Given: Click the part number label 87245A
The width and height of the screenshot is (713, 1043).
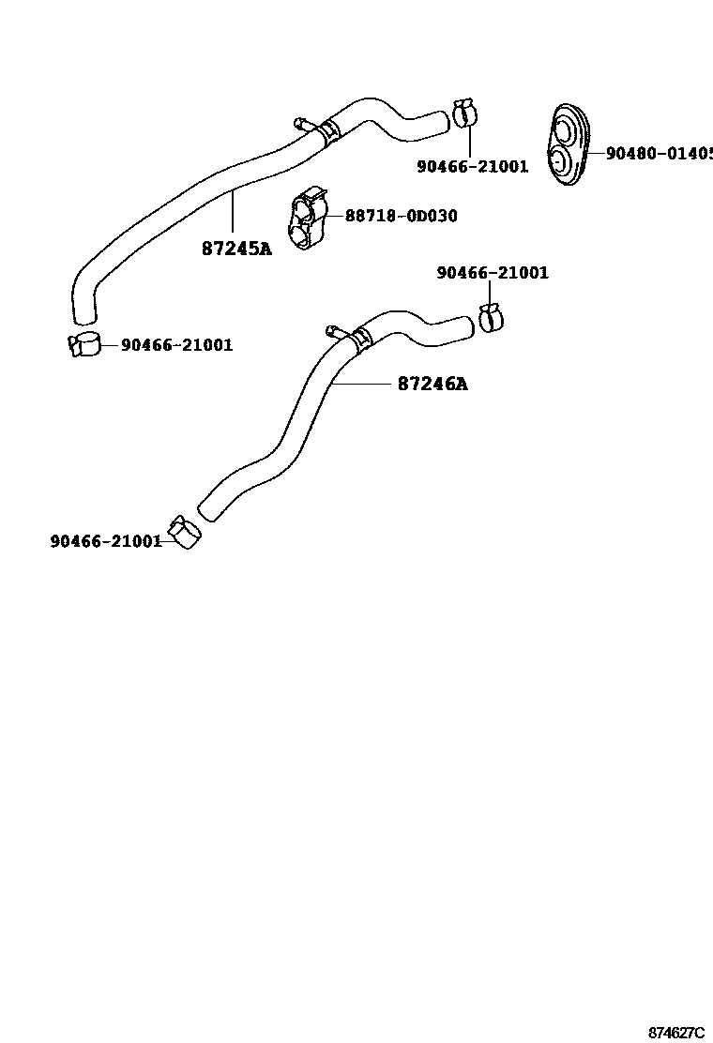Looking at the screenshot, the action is tap(236, 249).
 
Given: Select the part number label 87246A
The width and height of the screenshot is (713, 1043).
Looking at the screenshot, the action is tap(432, 384).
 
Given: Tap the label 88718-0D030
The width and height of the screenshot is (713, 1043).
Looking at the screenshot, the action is tap(402, 216).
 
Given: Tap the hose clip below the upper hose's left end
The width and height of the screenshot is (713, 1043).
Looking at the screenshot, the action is tap(83, 344).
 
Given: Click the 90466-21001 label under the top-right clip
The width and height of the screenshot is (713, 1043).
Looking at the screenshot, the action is tap(472, 167).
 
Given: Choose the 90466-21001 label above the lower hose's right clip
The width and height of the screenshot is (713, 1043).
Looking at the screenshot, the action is tap(493, 273).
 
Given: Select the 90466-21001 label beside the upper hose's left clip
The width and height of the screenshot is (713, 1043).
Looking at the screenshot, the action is tap(176, 345).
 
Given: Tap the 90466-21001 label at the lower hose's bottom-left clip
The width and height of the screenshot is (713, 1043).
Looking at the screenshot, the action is tap(106, 541).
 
